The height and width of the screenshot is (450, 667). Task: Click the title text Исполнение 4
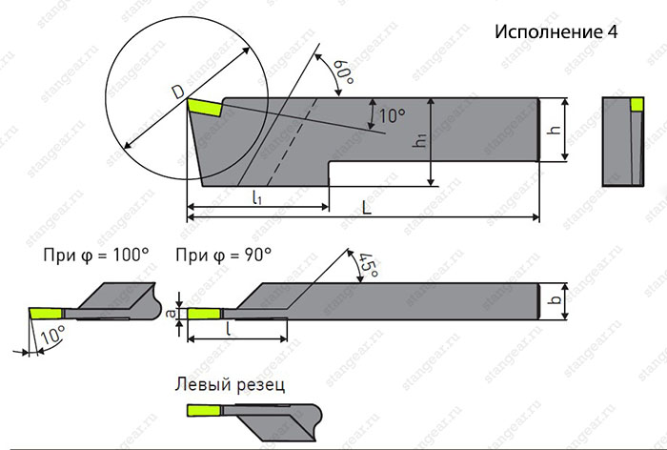tap(556, 31)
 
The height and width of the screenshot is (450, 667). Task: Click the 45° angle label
tap(368, 265)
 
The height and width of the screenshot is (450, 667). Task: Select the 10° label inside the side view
tap(392, 115)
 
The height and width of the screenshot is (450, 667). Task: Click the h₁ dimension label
tap(421, 139)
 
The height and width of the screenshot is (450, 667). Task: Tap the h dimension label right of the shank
tap(554, 129)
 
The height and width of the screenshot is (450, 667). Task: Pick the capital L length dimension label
tap(367, 208)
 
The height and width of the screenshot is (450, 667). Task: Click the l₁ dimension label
tap(257, 197)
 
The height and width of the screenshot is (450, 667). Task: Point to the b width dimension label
tap(554, 299)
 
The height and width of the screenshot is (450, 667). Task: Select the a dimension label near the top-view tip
tap(171, 314)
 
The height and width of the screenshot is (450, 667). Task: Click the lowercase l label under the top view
tap(229, 329)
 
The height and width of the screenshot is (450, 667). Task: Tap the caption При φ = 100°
tap(96, 256)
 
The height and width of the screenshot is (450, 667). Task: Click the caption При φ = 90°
tap(224, 256)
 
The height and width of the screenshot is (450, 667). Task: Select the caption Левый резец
tap(230, 384)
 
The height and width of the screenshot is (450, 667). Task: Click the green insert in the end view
tap(637, 104)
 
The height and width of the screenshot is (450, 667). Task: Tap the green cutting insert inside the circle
tap(204, 107)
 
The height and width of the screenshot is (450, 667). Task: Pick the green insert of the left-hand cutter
tap(204, 411)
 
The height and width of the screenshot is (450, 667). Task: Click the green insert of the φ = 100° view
tap(46, 314)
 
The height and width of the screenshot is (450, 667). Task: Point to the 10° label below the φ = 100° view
tap(52, 336)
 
